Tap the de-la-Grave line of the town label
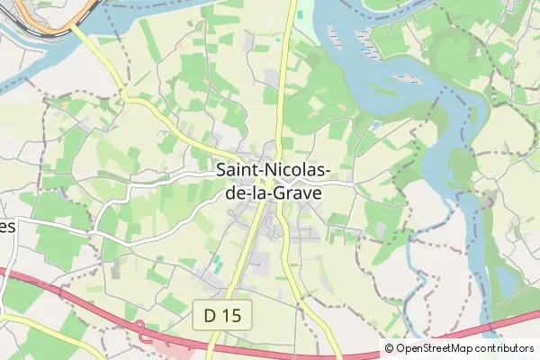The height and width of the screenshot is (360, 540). (x=274, y=191)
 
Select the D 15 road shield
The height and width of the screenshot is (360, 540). (x=222, y=315)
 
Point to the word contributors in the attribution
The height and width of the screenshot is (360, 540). (x=505, y=348)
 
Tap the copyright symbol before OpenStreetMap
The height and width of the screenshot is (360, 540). (x=390, y=348)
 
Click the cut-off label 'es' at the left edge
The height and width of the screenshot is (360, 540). (x=7, y=227)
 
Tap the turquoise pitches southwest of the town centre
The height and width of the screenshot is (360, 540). (x=217, y=265)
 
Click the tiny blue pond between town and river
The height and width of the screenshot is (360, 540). (x=373, y=125)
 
